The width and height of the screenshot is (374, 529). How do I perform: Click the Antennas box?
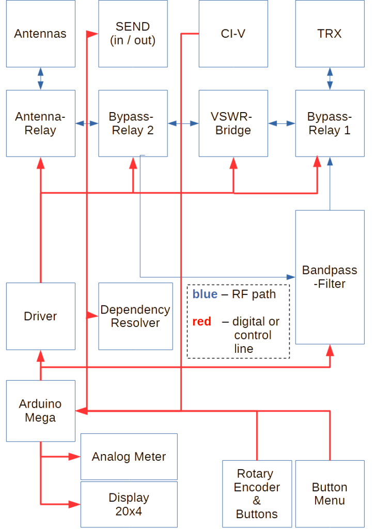[x=40, y=34]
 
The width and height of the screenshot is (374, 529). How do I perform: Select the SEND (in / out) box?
[x=133, y=34]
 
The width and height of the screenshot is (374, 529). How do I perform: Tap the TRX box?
[x=330, y=34]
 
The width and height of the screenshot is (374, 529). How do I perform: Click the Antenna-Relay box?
[x=40, y=123]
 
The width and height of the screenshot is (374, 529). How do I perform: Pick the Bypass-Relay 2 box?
[x=133, y=123]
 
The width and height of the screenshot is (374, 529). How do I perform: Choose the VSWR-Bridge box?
[x=233, y=123]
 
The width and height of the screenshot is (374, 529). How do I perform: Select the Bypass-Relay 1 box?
[x=330, y=123]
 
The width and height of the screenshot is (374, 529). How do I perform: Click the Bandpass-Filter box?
[x=330, y=277]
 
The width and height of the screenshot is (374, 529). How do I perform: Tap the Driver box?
[x=40, y=316]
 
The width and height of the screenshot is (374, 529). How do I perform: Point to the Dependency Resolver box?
[x=135, y=316]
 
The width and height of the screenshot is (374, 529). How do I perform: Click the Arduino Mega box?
[x=40, y=411]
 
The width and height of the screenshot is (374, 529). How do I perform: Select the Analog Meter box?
[x=129, y=457]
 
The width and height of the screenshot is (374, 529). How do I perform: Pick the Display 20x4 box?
[x=129, y=504]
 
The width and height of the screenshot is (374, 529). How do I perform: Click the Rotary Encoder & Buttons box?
[x=257, y=494]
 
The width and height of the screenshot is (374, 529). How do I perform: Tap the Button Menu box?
[x=330, y=494]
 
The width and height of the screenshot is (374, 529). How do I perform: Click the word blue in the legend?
[x=204, y=294]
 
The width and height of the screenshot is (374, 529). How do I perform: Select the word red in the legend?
[x=201, y=322]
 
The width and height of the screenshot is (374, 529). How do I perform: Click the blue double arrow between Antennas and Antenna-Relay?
[x=40, y=79]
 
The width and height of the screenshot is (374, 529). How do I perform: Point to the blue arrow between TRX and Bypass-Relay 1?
[x=330, y=79]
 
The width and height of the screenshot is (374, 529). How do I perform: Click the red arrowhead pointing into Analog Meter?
[x=75, y=457]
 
